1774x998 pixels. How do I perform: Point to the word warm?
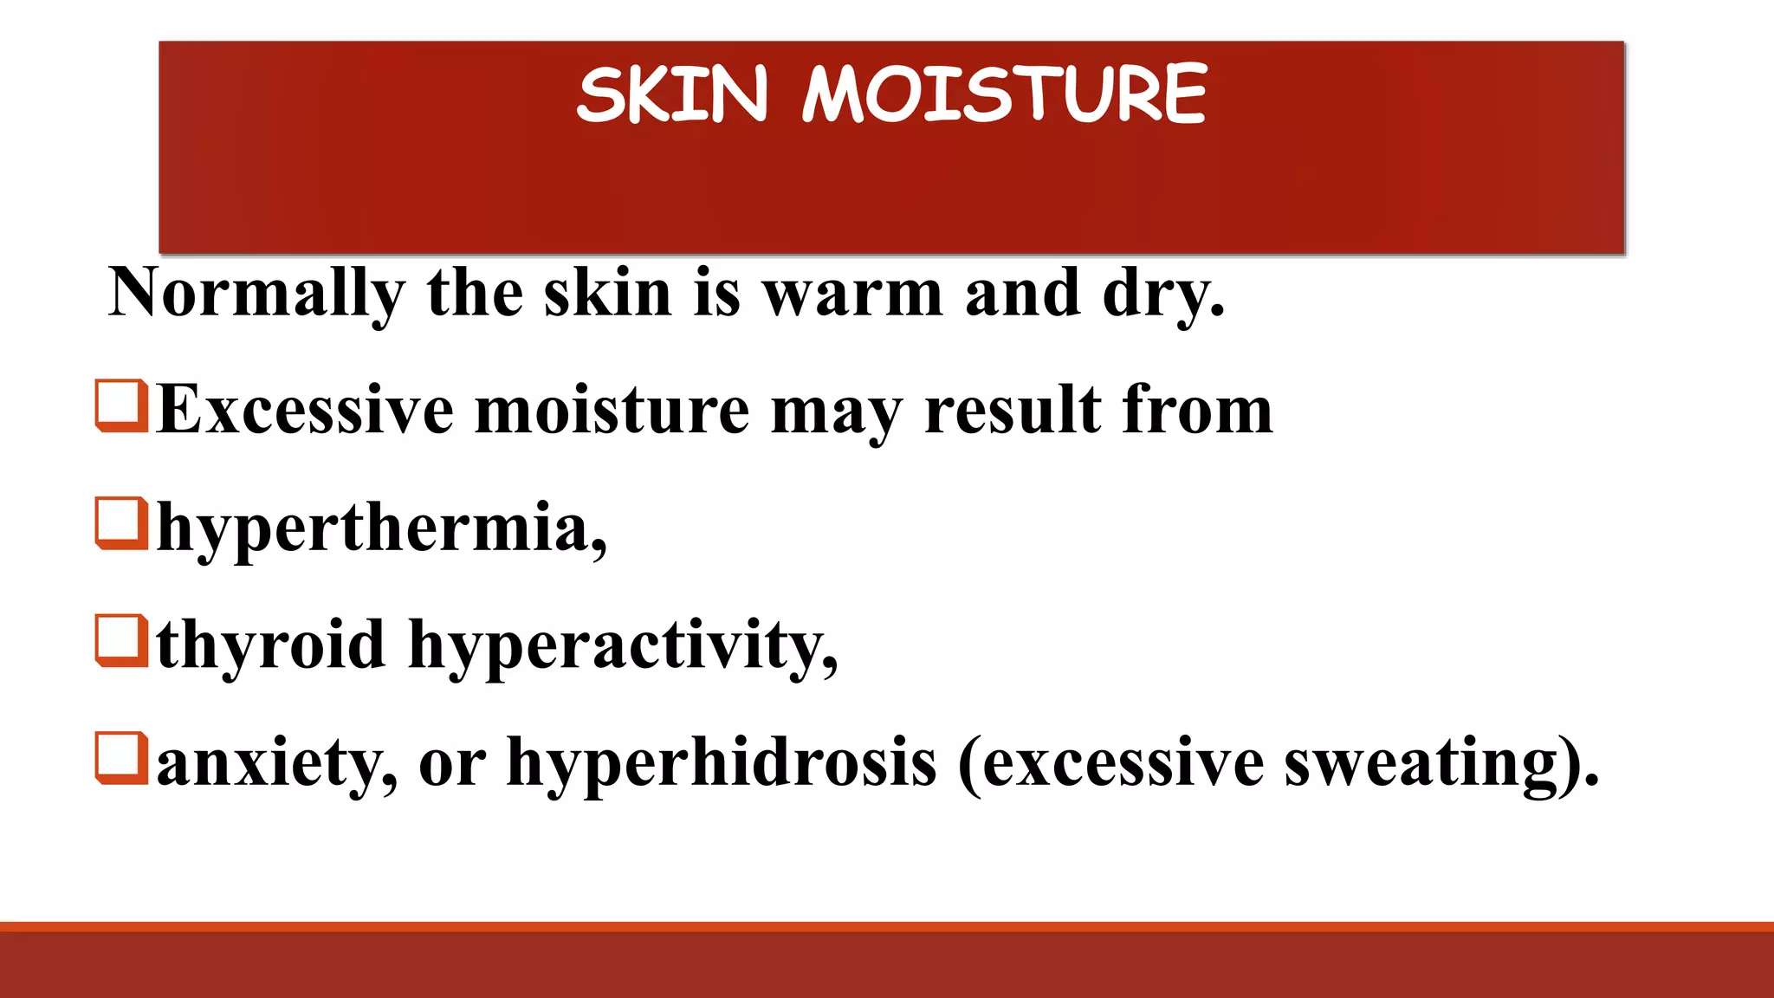[852, 295]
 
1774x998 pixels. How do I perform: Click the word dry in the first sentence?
[1161, 295]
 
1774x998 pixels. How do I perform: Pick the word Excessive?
[306, 410]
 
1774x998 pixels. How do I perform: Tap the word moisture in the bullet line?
[612, 410]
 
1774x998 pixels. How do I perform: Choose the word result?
[1013, 410]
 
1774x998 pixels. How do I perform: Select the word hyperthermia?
[381, 528]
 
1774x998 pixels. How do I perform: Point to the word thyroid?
[271, 645]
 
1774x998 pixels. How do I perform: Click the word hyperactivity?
[622, 645]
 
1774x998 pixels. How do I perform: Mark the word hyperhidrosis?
[722, 763]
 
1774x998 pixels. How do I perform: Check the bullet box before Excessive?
[121, 405]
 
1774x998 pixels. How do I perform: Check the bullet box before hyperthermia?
[121, 522]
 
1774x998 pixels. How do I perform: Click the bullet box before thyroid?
[121, 640]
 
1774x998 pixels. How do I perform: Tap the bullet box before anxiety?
[121, 758]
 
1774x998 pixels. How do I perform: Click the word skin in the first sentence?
[607, 295]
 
